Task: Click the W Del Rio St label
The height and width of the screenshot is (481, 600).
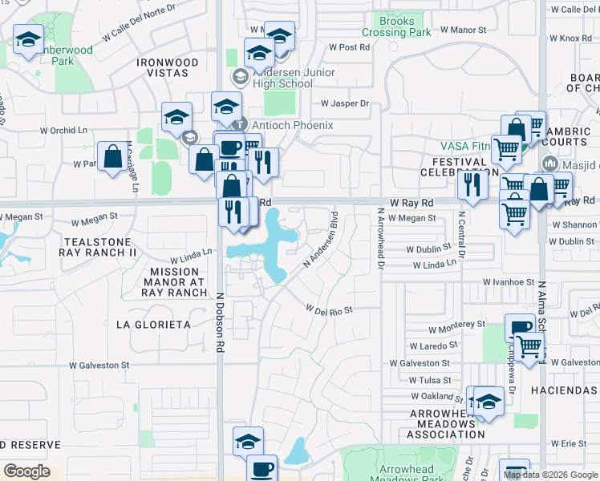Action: (329, 308)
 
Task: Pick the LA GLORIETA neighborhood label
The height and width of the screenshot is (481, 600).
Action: (153, 325)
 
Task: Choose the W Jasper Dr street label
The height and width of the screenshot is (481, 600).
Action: (344, 103)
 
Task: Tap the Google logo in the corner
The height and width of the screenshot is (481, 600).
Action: (26, 471)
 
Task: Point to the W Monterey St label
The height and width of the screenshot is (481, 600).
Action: (456, 329)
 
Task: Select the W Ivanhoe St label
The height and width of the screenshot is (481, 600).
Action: (509, 282)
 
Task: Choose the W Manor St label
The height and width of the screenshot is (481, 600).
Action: (464, 30)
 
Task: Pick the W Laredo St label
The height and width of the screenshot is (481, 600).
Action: (433, 346)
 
